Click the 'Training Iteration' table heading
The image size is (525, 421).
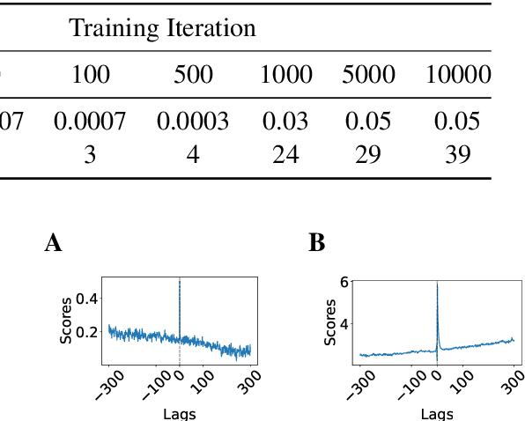click(163, 28)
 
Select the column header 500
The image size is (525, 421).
click(193, 76)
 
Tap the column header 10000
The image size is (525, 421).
click(458, 76)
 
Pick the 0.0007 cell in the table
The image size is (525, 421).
click(90, 122)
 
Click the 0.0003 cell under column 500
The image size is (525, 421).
click(193, 122)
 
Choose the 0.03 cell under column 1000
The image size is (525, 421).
click(286, 122)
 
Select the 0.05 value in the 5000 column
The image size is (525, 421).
click(368, 122)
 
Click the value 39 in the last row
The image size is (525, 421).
click(458, 155)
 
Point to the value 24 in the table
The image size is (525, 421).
click(286, 155)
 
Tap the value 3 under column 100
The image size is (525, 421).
click(90, 155)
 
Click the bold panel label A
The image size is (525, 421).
click(53, 244)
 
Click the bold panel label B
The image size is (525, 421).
click(316, 244)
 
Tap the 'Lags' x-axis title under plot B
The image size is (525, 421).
click(437, 413)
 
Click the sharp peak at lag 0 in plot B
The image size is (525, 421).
click(437, 284)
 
